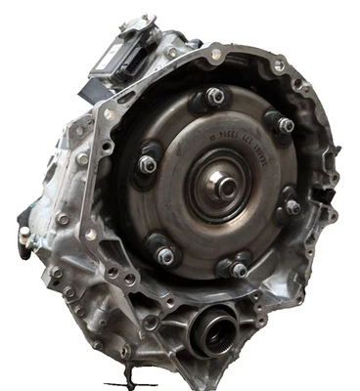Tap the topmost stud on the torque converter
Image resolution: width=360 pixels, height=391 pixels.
click(x=212, y=97)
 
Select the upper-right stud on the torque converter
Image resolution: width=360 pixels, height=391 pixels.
click(x=284, y=126)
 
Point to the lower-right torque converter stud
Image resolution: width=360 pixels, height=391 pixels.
click(x=291, y=207)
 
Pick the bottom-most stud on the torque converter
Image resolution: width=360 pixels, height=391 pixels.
click(x=238, y=268)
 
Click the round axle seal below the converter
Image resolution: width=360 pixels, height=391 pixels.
click(x=215, y=328)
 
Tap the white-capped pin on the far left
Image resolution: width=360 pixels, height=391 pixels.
click(x=22, y=234)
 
